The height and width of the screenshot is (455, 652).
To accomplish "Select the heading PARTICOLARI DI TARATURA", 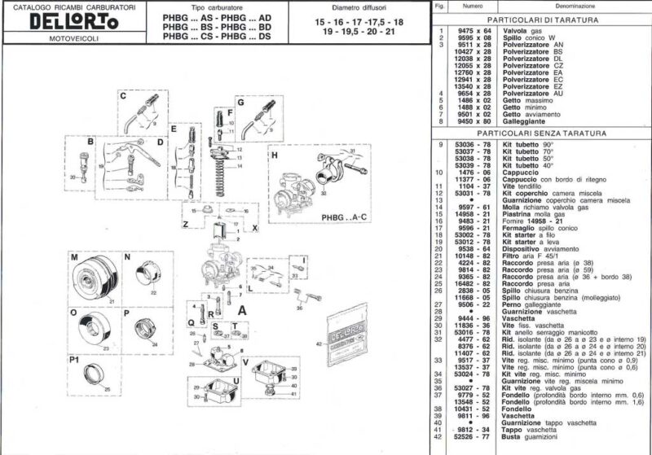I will (555, 18).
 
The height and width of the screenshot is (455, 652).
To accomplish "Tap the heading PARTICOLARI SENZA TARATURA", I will (555, 131).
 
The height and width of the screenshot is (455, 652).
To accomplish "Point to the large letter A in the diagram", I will (241, 309).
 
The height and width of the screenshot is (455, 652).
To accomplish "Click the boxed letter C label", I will (124, 95).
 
